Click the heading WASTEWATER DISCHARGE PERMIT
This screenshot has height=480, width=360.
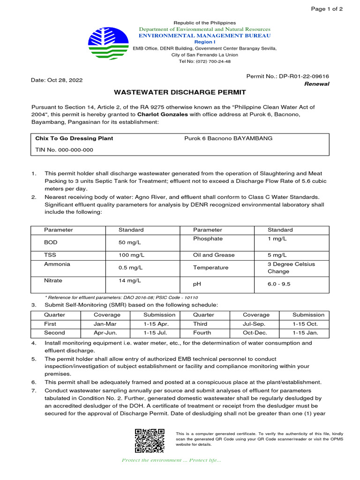point(180,92)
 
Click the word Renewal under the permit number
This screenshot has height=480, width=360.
point(317,84)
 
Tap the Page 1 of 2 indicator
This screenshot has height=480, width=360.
point(327,9)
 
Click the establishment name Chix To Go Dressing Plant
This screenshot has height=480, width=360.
point(74,139)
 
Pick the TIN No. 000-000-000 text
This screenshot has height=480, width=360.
point(64,150)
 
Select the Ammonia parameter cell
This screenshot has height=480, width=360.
point(57,264)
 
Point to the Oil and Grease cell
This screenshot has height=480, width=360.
point(214,255)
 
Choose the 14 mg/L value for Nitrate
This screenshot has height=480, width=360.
point(130,280)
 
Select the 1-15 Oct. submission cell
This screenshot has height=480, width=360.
point(305,324)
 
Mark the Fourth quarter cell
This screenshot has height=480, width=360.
point(202,333)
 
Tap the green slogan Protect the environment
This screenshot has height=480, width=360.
point(171,460)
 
